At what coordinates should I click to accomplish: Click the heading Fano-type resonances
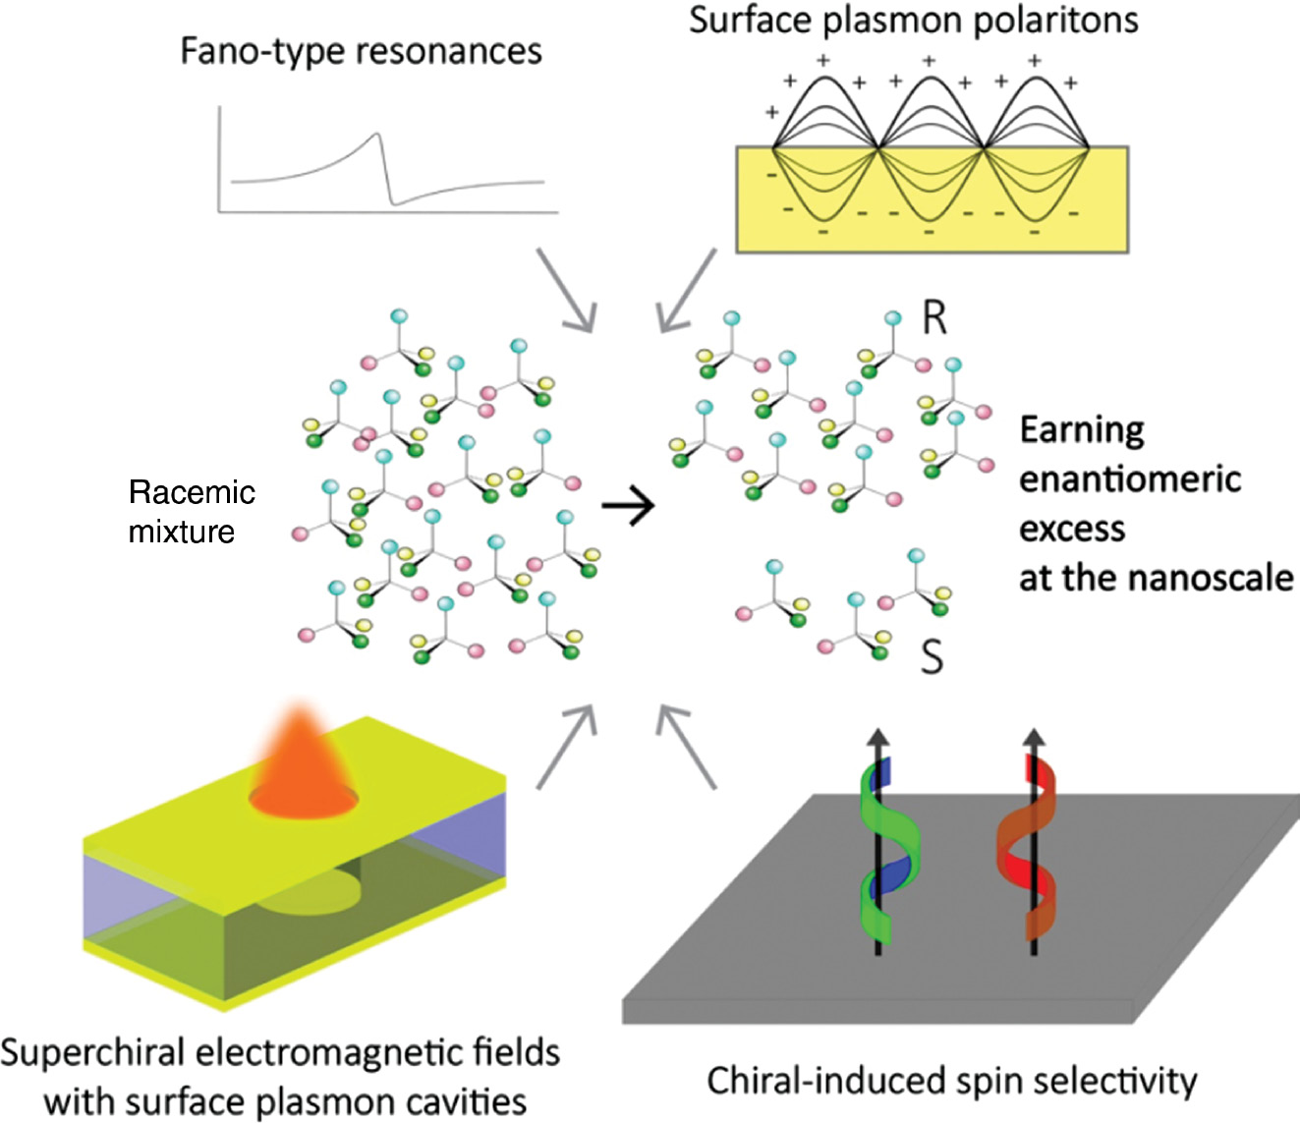(x=361, y=51)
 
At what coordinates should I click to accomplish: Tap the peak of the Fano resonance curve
(x=377, y=136)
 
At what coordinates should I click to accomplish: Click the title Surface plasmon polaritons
(x=913, y=20)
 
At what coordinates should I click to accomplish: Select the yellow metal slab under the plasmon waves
(x=932, y=231)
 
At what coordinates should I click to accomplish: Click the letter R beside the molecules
(x=933, y=318)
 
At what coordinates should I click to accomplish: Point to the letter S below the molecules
(x=931, y=656)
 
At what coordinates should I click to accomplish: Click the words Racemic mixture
(x=192, y=512)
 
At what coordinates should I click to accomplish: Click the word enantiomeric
(x=1129, y=479)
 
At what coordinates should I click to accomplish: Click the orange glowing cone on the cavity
(x=303, y=761)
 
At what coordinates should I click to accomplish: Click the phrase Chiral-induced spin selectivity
(x=951, y=1082)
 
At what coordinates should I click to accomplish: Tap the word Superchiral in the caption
(x=93, y=1053)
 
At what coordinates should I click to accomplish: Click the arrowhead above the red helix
(x=1033, y=737)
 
